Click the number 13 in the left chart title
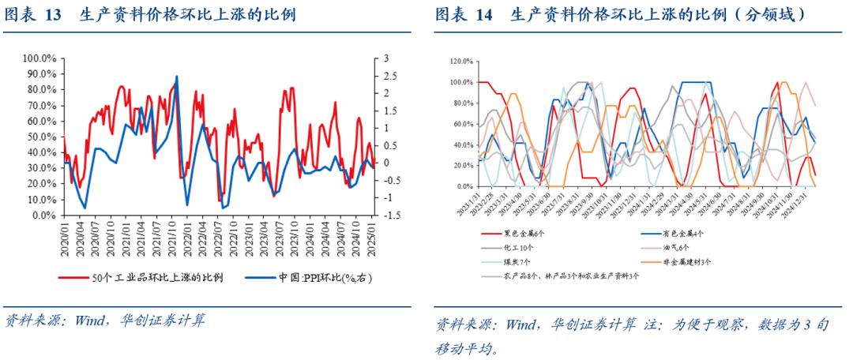point(52,15)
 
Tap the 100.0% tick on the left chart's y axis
point(39,58)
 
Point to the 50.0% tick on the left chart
point(41,137)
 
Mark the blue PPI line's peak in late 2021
point(176,77)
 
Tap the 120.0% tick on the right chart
point(461,61)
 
